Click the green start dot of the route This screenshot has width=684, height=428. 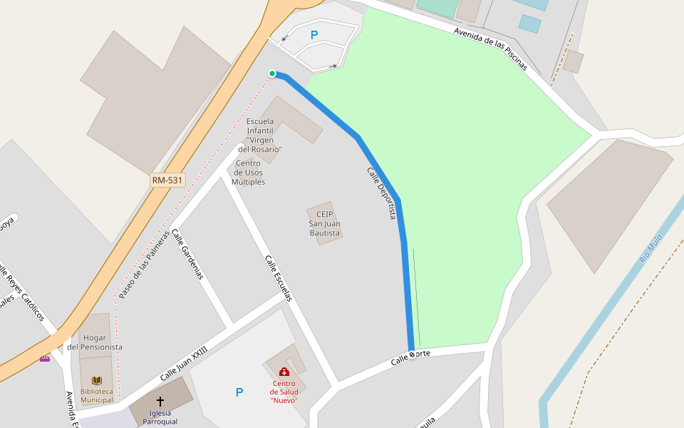point(272,73)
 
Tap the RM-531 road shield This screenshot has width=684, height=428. point(167,180)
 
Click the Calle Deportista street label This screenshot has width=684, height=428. point(382,193)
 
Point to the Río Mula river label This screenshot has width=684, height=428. point(651,248)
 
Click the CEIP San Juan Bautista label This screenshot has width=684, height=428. point(324,223)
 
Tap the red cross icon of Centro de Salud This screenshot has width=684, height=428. point(284,372)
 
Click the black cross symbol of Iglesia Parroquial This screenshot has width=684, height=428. point(160,402)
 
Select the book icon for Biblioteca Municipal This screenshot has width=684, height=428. point(97,380)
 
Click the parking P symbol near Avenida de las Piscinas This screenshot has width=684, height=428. point(314,34)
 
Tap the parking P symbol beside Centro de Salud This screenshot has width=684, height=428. point(239,392)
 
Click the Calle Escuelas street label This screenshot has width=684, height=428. point(279,278)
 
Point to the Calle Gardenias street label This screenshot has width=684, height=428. point(188,254)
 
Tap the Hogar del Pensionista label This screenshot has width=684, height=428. point(95,342)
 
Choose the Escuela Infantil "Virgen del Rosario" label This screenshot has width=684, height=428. point(260,136)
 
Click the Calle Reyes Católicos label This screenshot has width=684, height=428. point(21,295)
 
